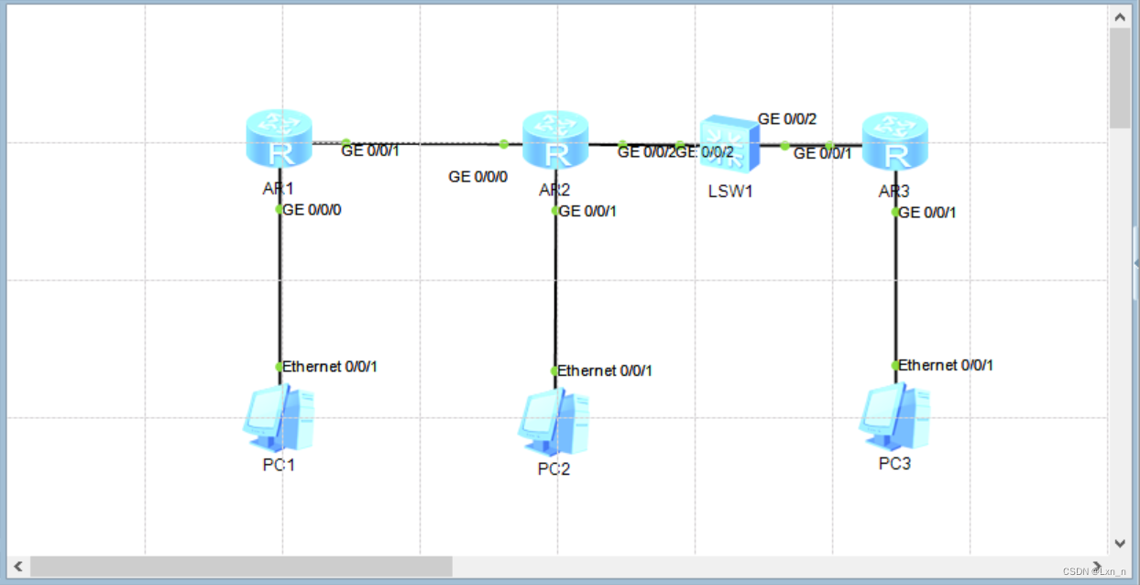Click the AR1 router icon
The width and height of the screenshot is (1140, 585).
pos(279,139)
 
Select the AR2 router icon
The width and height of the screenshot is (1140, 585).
pos(554,140)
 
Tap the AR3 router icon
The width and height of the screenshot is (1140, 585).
pos(895,140)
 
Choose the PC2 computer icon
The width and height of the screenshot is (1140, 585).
pos(554,424)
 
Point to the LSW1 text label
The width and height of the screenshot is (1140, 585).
pos(730,192)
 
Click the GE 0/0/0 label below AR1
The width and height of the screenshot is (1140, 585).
pos(318,209)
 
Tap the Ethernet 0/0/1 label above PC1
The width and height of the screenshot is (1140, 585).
pos(330,367)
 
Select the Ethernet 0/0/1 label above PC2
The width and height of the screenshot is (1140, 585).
pos(605,370)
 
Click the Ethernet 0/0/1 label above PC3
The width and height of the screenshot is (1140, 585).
pos(946,365)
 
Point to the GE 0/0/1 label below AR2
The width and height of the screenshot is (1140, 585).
pos(587,211)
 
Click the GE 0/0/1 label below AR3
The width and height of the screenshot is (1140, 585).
pos(928,212)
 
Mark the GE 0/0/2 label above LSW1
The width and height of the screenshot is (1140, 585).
pos(786,119)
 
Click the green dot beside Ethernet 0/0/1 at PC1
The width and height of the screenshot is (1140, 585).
pos(280,367)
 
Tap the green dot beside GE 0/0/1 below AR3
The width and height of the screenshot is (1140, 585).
pos(895,212)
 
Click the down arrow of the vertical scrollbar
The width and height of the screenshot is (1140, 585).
pos(1119,543)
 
